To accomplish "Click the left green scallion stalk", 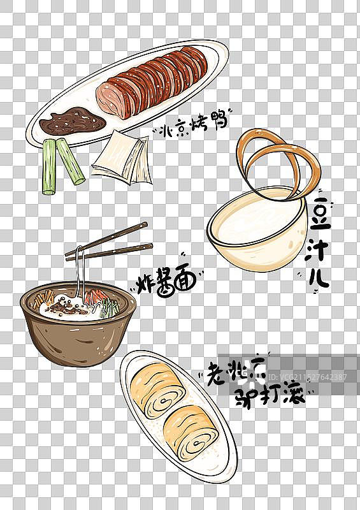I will pyautogui.click(x=49, y=167).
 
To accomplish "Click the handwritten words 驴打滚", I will pyautogui.click(x=268, y=394).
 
